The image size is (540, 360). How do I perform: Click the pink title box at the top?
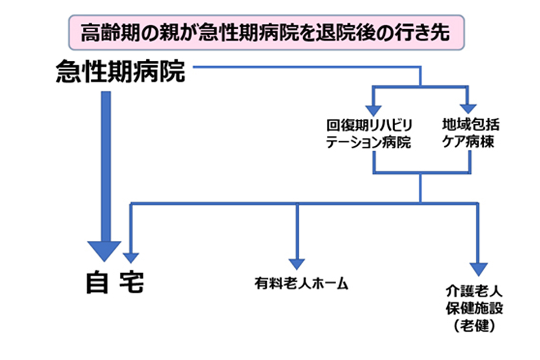pyautogui.click(x=265, y=32)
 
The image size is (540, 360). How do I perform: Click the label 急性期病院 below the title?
pyautogui.click(x=121, y=72)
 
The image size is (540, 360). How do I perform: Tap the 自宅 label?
pyautogui.click(x=115, y=283)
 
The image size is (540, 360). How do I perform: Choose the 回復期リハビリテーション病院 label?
pyautogui.click(x=369, y=134)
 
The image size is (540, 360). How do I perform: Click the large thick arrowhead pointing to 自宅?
pyautogui.click(x=104, y=250)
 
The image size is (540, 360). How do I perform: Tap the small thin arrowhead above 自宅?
pyautogui.click(x=130, y=257)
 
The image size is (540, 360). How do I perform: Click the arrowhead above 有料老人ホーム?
pyautogui.click(x=297, y=264)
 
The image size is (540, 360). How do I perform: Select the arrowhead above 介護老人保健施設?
pyautogui.click(x=479, y=269)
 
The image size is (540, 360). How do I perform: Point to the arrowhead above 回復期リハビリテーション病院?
pyautogui.click(x=373, y=110)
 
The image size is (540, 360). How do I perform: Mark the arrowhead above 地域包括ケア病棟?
pyautogui.click(x=469, y=110)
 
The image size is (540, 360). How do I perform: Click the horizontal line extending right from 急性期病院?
pyautogui.click(x=306, y=67)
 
